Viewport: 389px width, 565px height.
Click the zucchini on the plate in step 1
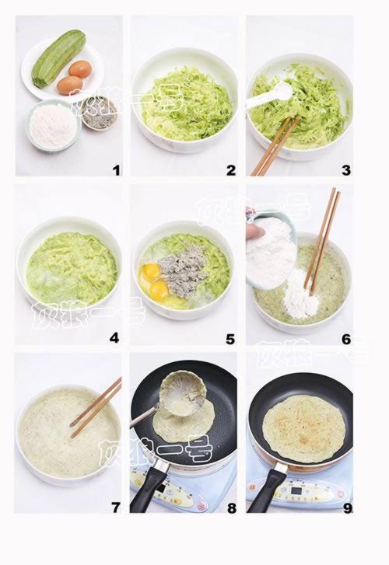[x=58, y=58]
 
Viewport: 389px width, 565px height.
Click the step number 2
[x=230, y=170]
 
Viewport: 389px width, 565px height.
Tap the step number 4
[x=114, y=338]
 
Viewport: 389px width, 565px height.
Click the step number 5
[x=230, y=339]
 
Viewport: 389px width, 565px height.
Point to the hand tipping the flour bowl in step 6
[x=255, y=230]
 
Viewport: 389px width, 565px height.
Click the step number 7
[x=115, y=507]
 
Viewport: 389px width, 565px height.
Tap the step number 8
[x=230, y=507]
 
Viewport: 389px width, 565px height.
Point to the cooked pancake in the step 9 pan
[x=303, y=428]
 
